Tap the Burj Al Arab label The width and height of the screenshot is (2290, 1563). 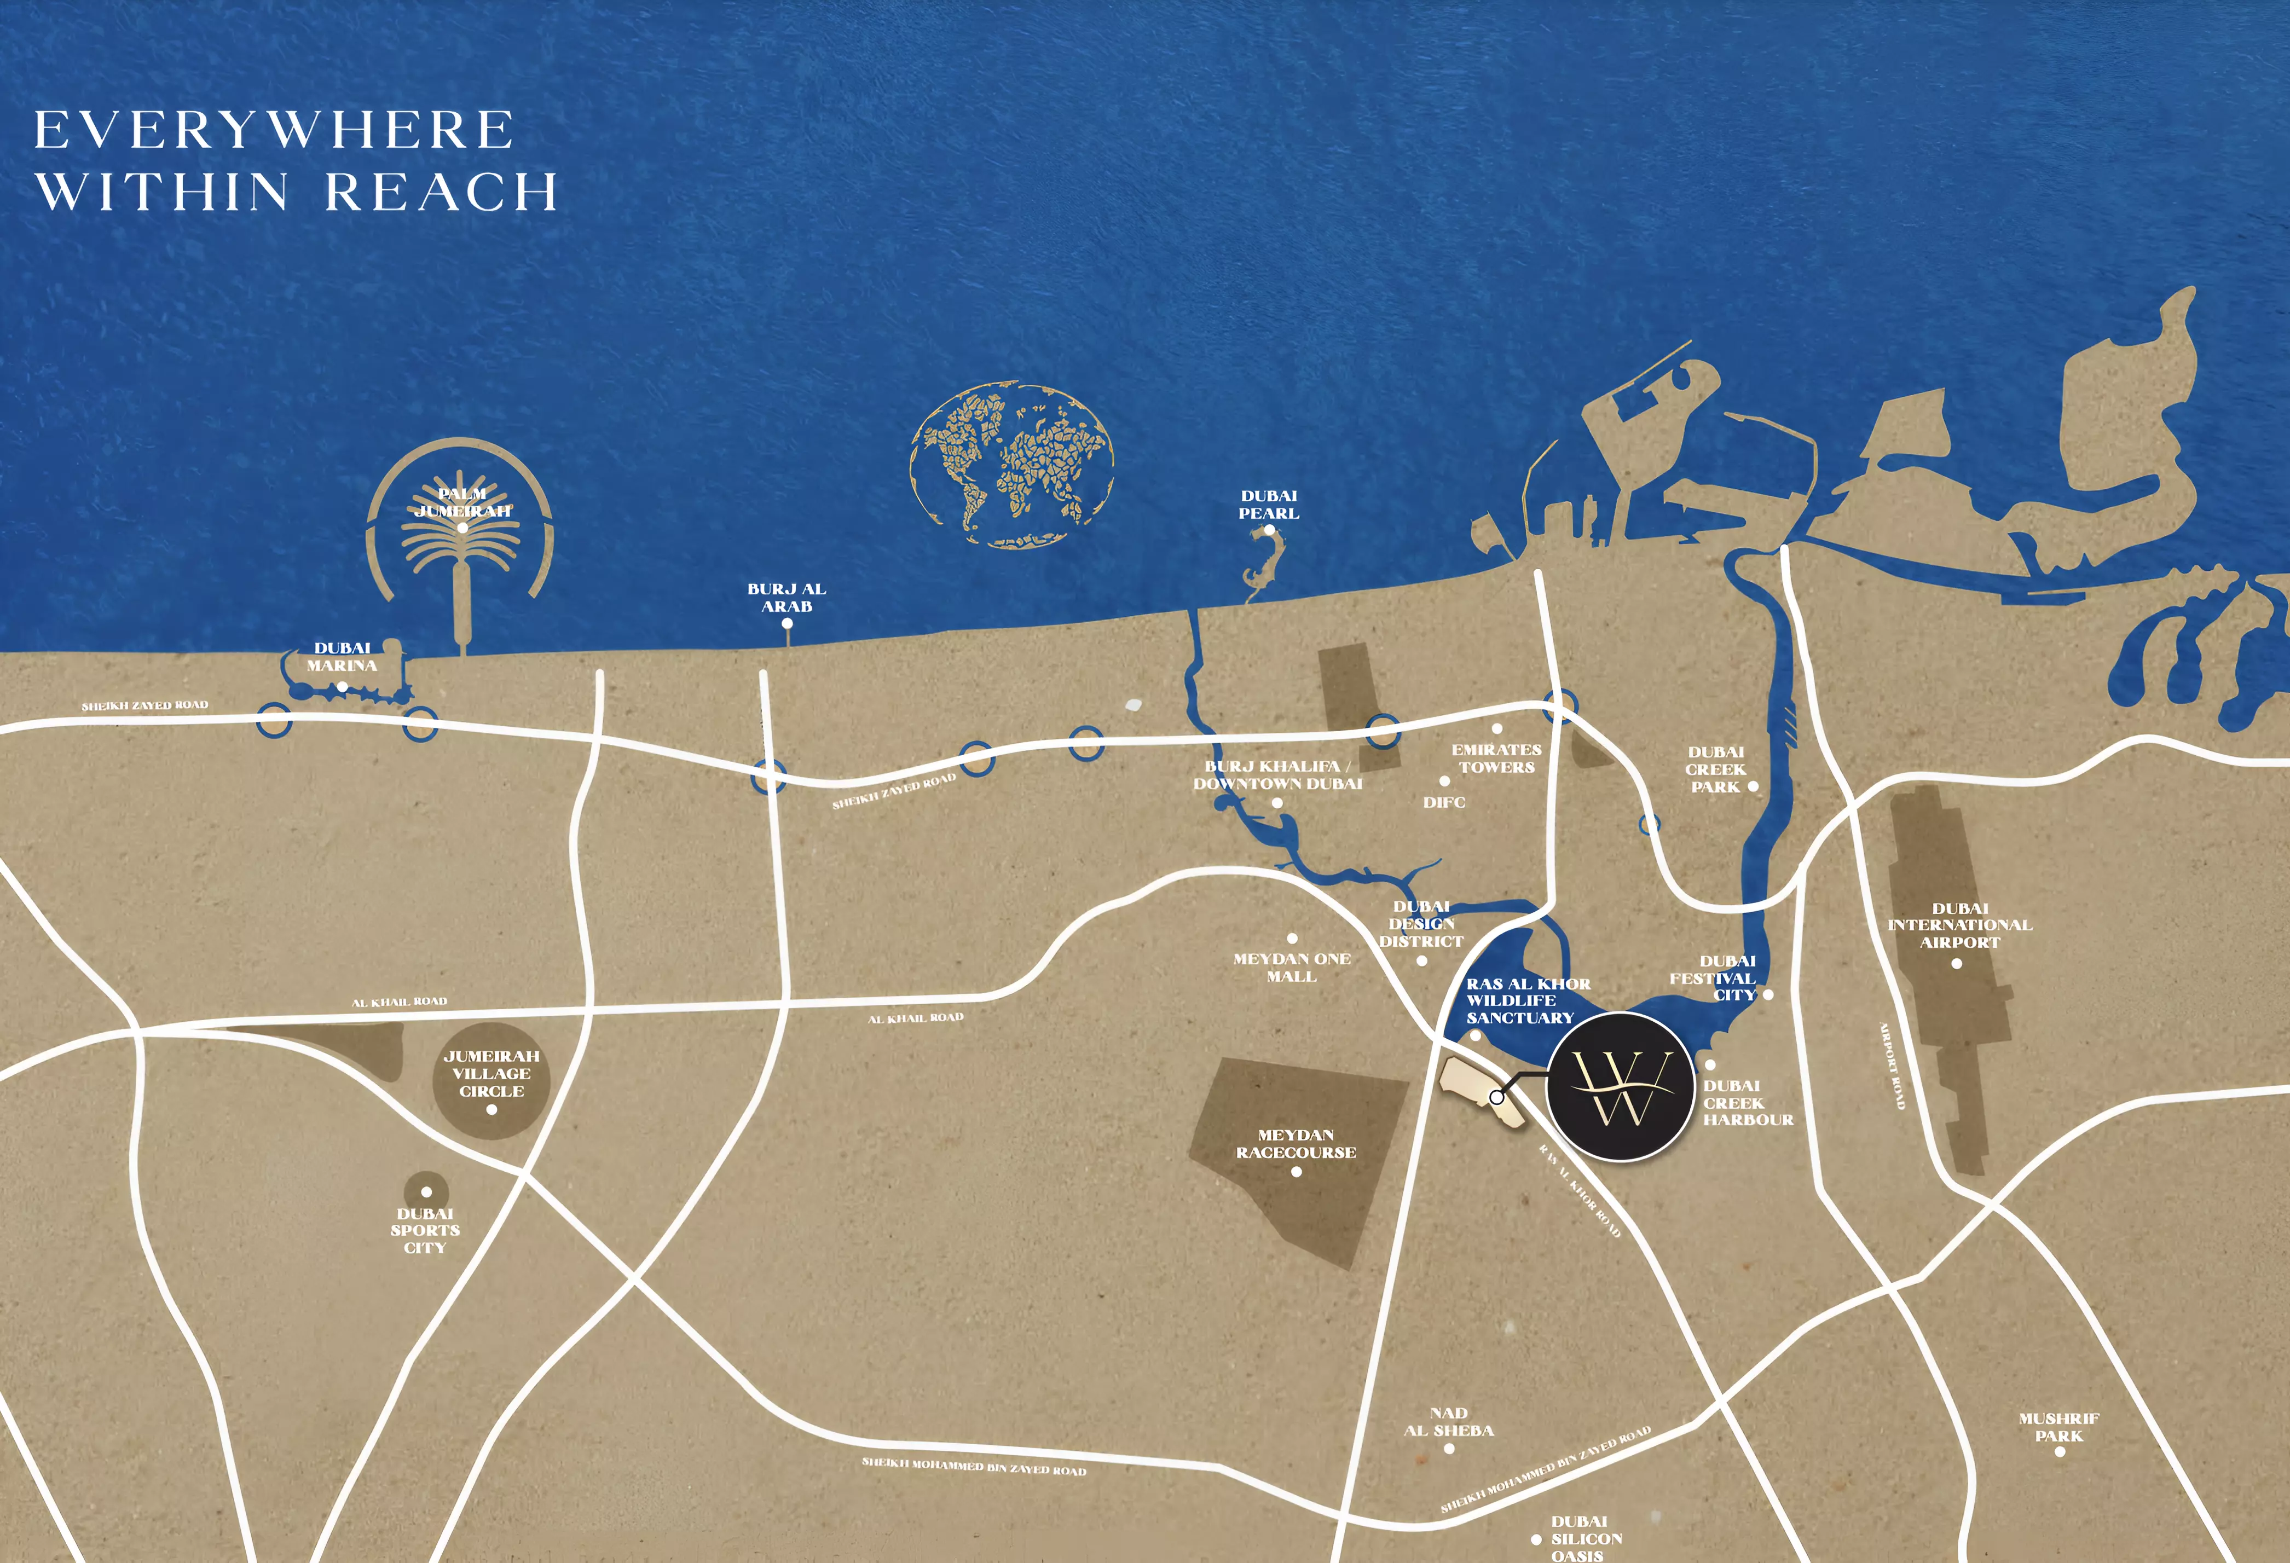pyautogui.click(x=787, y=597)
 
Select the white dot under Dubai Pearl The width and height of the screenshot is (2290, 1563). pyautogui.click(x=1269, y=530)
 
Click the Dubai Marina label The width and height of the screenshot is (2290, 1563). pyautogui.click(x=342, y=656)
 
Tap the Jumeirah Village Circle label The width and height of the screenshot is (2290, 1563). pyautogui.click(x=491, y=1073)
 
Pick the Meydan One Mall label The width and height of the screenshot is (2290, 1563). pyautogui.click(x=1292, y=967)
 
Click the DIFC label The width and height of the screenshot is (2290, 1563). pyautogui.click(x=1444, y=802)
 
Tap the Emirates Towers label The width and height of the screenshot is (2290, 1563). pyautogui.click(x=1496, y=758)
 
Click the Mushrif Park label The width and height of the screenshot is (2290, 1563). pyautogui.click(x=2058, y=1427)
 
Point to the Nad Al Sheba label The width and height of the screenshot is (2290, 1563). pyautogui.click(x=1449, y=1421)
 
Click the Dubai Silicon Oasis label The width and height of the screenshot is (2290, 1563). pyautogui.click(x=1586, y=1537)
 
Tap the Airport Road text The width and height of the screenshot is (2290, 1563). pyautogui.click(x=1893, y=1066)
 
